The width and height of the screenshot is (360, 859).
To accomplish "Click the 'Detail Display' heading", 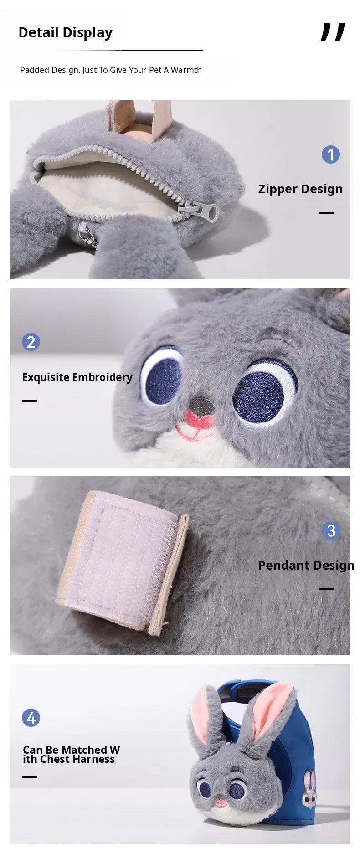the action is pos(65,33).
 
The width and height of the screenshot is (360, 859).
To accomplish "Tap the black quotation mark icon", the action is pos(333,32).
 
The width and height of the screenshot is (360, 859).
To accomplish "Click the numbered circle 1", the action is pos(331,154).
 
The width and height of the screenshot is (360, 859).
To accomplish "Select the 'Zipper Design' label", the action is pos(300,189).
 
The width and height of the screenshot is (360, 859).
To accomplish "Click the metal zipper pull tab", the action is pos(201,211).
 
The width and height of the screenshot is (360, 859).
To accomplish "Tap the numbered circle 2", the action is pos(31,342).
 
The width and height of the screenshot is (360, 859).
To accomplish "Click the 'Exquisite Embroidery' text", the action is pos(77,377).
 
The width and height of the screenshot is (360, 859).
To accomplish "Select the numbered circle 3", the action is pos(331,530).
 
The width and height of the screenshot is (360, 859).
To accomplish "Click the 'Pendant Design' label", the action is pos(306,565).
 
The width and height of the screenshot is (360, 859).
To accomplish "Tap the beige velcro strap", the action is pos(122,561).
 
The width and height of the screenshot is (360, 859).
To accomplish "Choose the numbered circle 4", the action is pos(31,718).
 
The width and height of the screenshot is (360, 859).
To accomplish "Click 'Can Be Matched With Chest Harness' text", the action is pos(71,754).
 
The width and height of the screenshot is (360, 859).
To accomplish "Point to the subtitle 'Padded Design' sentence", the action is pos(111,70).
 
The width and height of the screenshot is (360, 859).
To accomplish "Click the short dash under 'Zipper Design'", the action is pos(326,213).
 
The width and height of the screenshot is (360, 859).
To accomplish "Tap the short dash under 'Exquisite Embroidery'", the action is pos(29,401).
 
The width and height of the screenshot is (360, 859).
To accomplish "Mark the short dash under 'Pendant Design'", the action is pos(326,589).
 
